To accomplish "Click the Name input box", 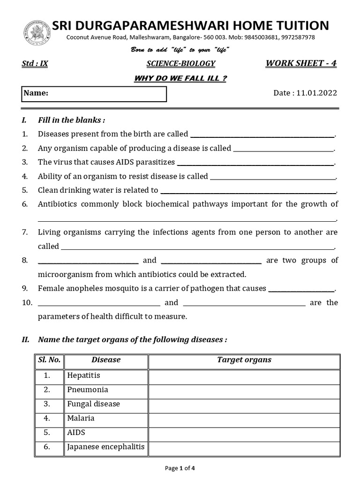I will click(94, 94).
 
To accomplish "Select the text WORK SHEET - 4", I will click(301, 63).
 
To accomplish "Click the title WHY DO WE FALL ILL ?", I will click(180, 78).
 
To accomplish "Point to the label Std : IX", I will click(35, 64).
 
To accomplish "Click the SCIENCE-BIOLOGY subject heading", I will click(181, 64).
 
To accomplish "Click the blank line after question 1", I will click(262, 135).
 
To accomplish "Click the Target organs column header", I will click(244, 360).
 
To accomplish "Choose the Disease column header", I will click(106, 360).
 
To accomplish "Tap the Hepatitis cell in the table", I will click(84, 375).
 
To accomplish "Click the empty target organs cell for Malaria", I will click(244, 419).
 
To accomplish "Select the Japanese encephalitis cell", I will click(106, 447).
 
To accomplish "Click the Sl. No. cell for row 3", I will click(47, 404).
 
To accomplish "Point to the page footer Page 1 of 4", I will click(180, 468).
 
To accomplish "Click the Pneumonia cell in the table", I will click(88, 390).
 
